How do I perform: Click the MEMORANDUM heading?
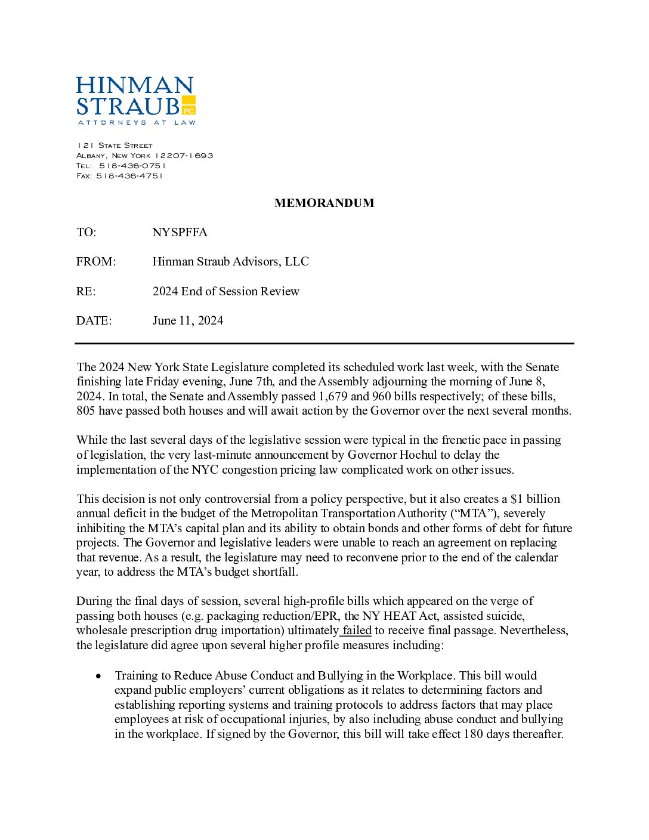click(324, 203)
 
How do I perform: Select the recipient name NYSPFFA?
click(180, 232)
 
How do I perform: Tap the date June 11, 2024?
click(187, 320)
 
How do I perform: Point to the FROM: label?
click(95, 261)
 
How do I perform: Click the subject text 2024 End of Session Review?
click(225, 291)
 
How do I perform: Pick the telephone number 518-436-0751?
click(132, 166)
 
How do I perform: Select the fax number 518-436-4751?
click(129, 176)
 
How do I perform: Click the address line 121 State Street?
click(115, 146)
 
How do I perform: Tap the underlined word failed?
click(357, 631)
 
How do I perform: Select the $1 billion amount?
click(535, 499)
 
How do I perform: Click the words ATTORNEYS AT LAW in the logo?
click(137, 123)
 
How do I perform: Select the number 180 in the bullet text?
click(472, 734)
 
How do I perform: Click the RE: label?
click(86, 291)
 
